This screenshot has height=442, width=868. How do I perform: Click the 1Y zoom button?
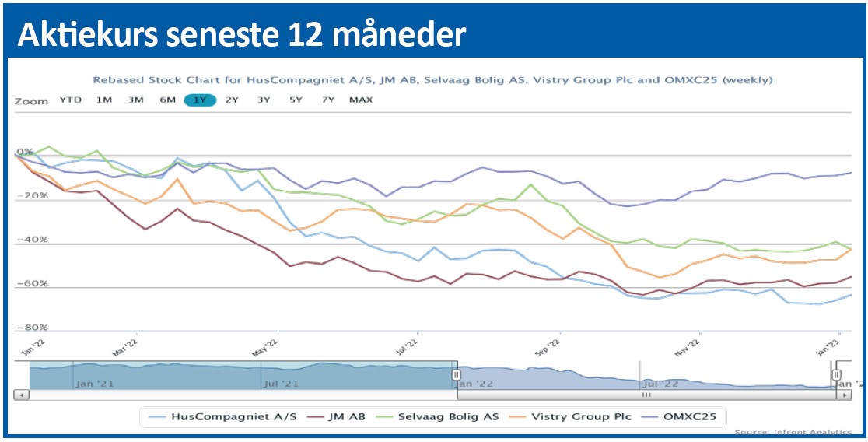(x=200, y=100)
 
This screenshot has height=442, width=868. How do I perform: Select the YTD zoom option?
(x=71, y=100)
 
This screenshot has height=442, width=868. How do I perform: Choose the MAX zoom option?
(x=361, y=100)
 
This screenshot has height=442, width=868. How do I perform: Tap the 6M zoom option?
(x=168, y=100)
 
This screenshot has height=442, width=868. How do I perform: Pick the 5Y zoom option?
(x=296, y=100)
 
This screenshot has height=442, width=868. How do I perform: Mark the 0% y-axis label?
(x=25, y=152)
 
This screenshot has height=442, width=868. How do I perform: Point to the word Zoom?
(x=31, y=100)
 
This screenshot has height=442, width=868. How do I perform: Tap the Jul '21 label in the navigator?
(x=281, y=383)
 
